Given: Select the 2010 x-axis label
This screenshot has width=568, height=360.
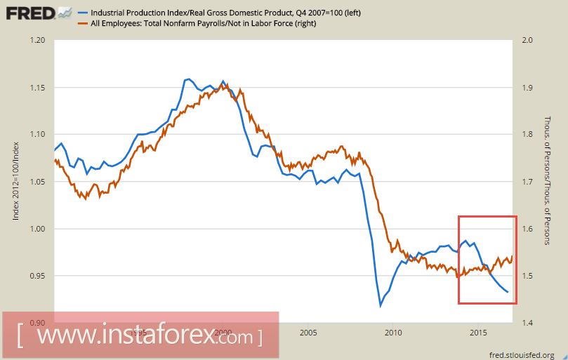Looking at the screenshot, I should pos(392,332).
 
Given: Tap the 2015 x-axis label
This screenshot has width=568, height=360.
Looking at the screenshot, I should pos(478,332).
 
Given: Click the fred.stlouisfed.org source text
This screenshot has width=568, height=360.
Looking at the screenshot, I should pos(522,354).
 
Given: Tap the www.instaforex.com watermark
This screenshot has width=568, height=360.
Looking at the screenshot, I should pos(140,336).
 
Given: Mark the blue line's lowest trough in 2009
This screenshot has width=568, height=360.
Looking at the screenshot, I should pos(381,305).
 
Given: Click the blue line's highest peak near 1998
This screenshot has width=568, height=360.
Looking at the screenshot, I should pos(187,79).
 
